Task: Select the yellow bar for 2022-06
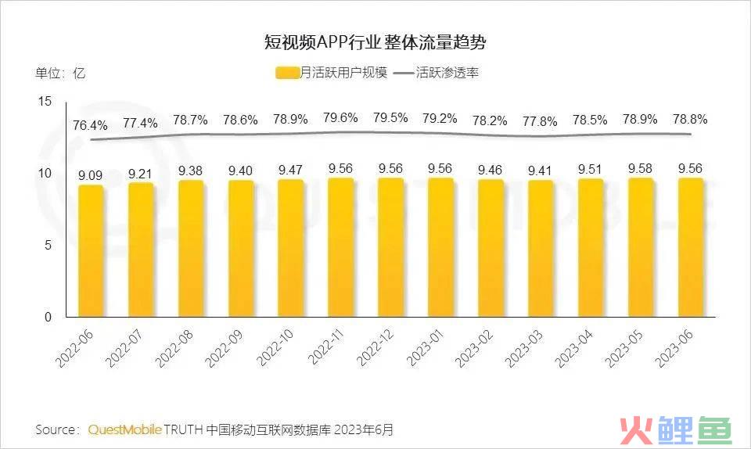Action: pyautogui.click(x=91, y=250)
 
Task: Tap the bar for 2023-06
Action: pyautogui.click(x=690, y=247)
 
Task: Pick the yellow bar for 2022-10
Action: pyautogui.click(x=290, y=248)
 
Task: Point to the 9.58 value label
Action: pyautogui.click(x=640, y=168)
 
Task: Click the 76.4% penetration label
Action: pyautogui.click(x=91, y=124)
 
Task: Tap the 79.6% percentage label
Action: pyautogui.click(x=340, y=118)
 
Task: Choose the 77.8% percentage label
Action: pyautogui.click(x=540, y=121)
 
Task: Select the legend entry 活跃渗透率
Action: pyautogui.click(x=437, y=74)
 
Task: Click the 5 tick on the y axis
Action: pyautogui.click(x=47, y=245)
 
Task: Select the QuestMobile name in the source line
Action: pyautogui.click(x=125, y=429)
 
